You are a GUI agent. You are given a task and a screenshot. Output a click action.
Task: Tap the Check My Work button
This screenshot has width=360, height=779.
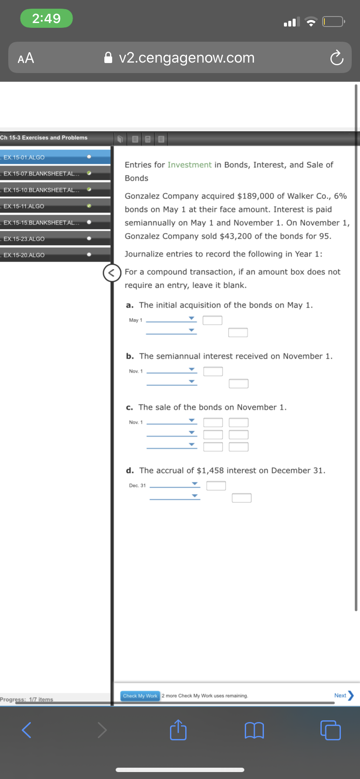(x=140, y=696)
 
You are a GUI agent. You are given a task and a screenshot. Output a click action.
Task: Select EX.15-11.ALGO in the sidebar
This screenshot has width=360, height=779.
(x=24, y=206)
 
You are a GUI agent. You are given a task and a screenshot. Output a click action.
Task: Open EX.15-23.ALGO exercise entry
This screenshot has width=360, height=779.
(x=24, y=239)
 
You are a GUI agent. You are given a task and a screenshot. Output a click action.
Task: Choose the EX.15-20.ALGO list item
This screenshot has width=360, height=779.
(x=24, y=255)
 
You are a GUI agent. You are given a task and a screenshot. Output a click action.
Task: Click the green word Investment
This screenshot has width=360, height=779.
(x=190, y=165)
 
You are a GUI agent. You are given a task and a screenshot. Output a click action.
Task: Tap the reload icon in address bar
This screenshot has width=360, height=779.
(x=336, y=58)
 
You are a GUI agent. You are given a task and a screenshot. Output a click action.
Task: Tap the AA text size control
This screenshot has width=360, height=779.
(x=26, y=58)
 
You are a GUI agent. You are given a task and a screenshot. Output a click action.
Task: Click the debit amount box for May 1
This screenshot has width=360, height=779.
(x=212, y=320)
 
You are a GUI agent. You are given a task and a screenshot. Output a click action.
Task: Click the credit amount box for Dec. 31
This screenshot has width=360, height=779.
(x=241, y=498)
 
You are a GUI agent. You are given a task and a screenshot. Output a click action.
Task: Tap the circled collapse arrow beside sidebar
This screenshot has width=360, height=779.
(x=111, y=273)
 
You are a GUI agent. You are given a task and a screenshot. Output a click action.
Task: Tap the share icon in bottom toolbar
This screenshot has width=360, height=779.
(x=178, y=730)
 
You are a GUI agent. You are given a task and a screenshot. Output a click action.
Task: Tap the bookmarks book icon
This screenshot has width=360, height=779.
(x=254, y=730)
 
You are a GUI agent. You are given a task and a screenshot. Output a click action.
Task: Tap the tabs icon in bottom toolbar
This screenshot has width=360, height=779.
(x=330, y=730)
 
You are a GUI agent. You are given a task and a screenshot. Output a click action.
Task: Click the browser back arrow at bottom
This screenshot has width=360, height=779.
(x=27, y=730)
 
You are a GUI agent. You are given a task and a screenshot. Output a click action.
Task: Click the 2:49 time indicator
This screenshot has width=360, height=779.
(x=47, y=18)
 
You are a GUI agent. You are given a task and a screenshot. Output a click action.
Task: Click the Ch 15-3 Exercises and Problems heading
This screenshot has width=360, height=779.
(x=44, y=138)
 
